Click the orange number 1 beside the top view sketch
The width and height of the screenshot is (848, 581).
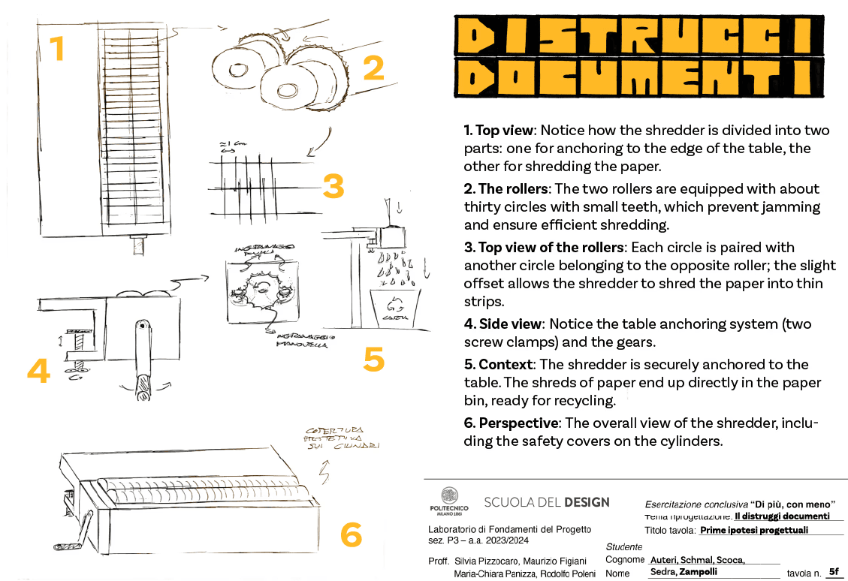coord(57,49)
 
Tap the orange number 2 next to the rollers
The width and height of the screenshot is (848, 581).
coord(373,68)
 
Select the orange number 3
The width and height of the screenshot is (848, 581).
coord(333,185)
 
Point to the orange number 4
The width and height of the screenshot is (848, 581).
coord(38,371)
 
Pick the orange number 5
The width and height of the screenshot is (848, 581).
coord(373,359)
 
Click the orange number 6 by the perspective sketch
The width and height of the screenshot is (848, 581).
coord(351,534)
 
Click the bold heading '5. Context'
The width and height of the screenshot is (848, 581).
coord(498,365)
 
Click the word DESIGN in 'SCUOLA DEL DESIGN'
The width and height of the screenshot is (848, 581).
coord(587,502)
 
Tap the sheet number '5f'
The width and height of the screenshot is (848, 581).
coord(832,571)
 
